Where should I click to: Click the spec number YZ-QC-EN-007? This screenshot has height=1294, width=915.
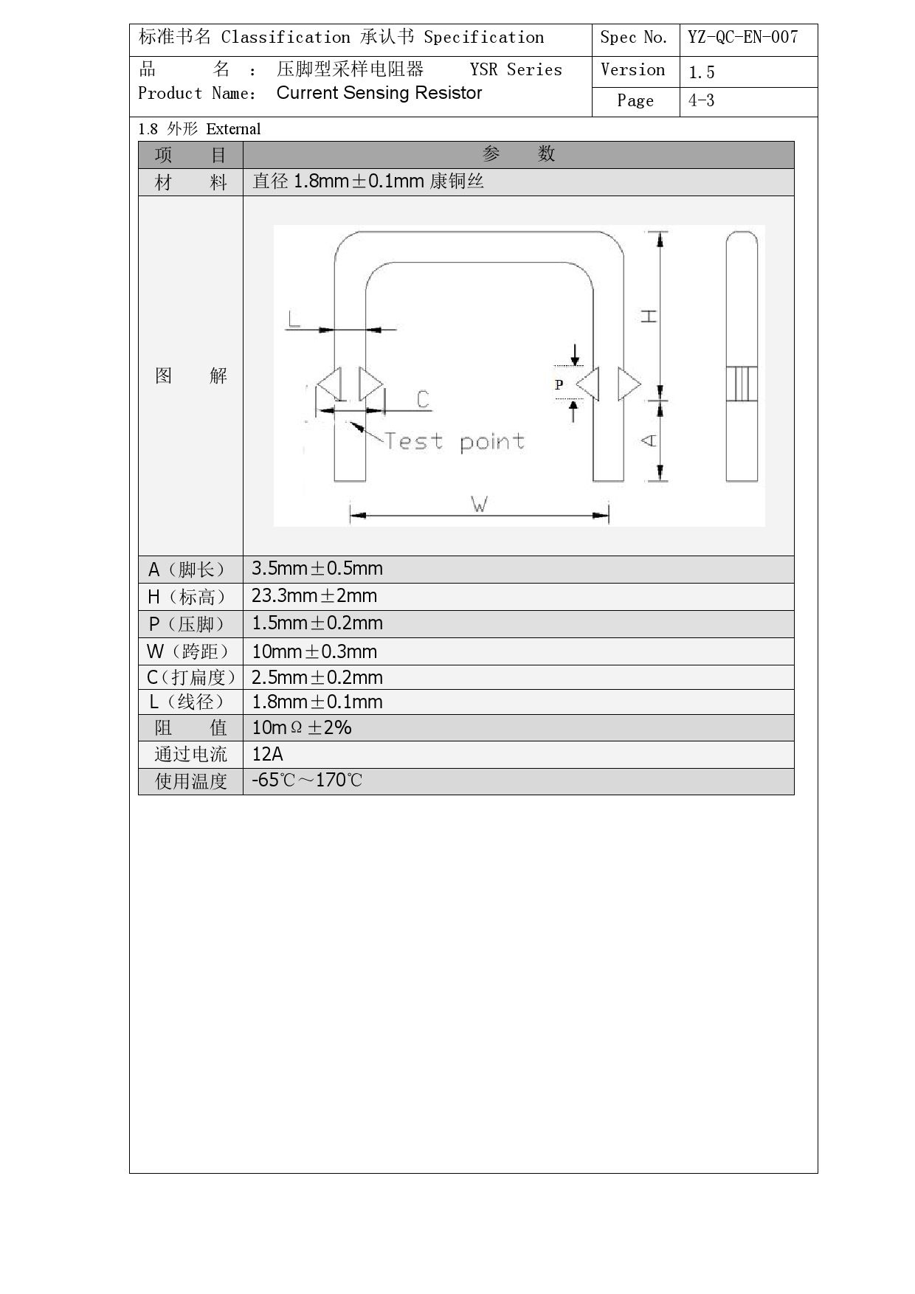click(742, 38)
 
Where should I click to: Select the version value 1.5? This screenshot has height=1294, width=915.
click(701, 72)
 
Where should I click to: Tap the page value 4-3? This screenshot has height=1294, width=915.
click(701, 101)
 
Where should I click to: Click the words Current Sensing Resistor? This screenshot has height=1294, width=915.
click(379, 93)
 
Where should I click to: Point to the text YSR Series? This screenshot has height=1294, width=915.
click(516, 70)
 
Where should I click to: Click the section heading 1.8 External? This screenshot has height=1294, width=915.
click(199, 129)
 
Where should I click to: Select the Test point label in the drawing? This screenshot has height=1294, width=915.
click(454, 442)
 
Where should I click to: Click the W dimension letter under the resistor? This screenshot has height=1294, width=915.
click(479, 505)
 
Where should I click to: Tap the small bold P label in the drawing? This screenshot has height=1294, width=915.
click(559, 384)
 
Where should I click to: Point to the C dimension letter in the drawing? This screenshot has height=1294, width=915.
click(423, 399)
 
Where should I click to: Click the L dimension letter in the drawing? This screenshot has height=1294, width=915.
click(294, 319)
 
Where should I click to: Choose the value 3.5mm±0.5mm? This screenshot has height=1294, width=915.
click(317, 569)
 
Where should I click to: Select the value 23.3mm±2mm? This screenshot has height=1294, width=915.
click(314, 596)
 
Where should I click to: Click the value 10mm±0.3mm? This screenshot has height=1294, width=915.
click(314, 652)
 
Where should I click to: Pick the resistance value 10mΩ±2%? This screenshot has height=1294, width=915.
click(301, 728)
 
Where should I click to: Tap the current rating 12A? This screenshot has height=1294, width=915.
click(267, 755)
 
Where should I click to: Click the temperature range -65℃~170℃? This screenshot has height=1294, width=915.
click(307, 781)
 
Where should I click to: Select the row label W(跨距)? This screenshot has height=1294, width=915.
click(189, 652)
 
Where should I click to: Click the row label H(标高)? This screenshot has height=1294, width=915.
click(188, 597)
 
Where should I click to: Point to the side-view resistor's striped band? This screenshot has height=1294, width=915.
click(742, 384)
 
